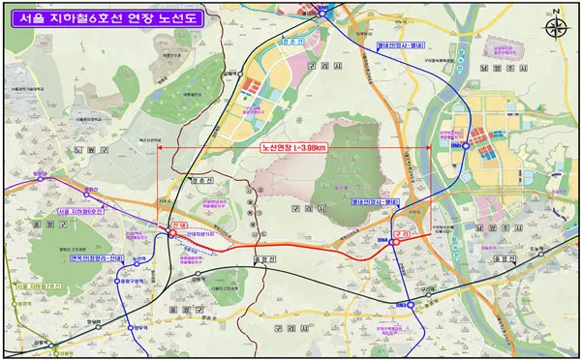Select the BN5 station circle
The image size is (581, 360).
(x=467, y=145)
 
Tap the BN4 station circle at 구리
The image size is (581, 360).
(x=394, y=236)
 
